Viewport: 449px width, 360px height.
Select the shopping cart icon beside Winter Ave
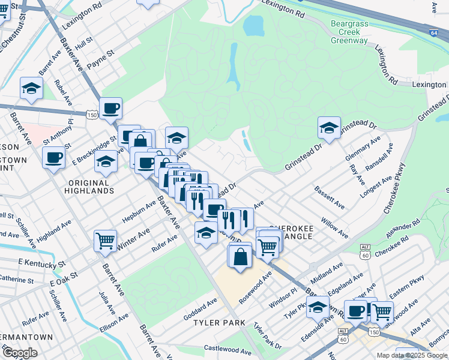105,241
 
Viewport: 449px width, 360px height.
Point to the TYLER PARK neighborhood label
219,323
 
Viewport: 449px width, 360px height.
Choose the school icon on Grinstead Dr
329,127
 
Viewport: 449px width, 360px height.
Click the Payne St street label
100,60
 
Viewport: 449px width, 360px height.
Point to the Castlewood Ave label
227,349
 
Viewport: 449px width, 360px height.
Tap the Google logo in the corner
20,353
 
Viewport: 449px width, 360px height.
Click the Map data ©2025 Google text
412,355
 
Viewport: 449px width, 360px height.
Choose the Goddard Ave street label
200,304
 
